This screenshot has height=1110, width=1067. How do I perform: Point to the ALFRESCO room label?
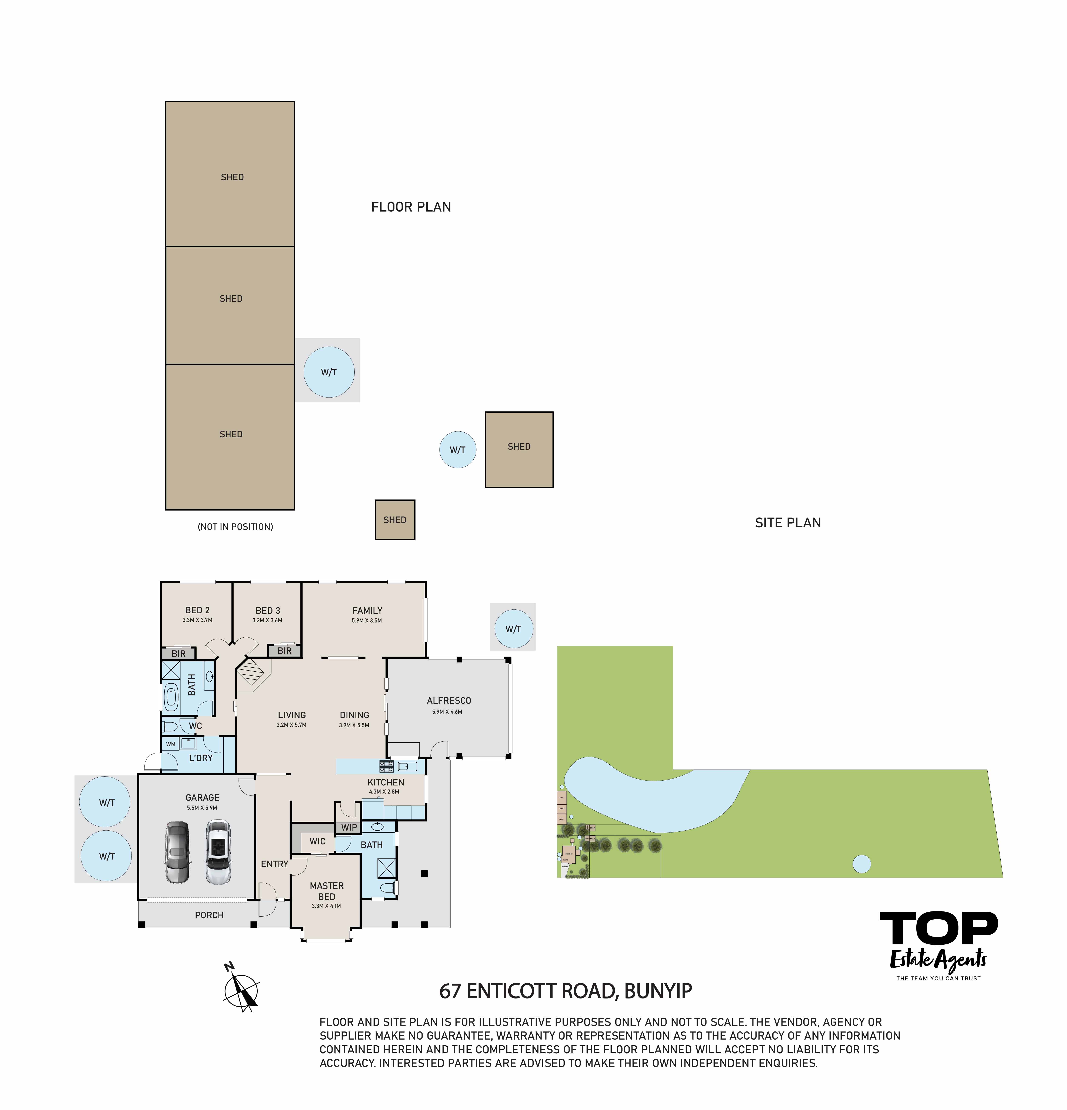(x=449, y=701)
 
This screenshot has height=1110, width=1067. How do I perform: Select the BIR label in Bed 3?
(x=284, y=651)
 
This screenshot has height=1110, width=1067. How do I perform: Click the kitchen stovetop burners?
(x=386, y=766)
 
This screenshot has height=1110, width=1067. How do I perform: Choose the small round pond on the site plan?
(x=861, y=864)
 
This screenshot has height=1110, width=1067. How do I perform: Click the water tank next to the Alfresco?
(x=513, y=629)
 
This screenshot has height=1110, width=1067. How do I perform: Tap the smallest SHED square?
(x=395, y=520)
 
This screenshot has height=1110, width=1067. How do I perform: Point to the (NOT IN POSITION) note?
(x=235, y=527)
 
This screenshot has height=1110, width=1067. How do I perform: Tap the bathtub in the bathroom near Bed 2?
(x=170, y=697)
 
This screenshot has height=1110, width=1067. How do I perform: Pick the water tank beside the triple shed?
(x=329, y=372)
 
